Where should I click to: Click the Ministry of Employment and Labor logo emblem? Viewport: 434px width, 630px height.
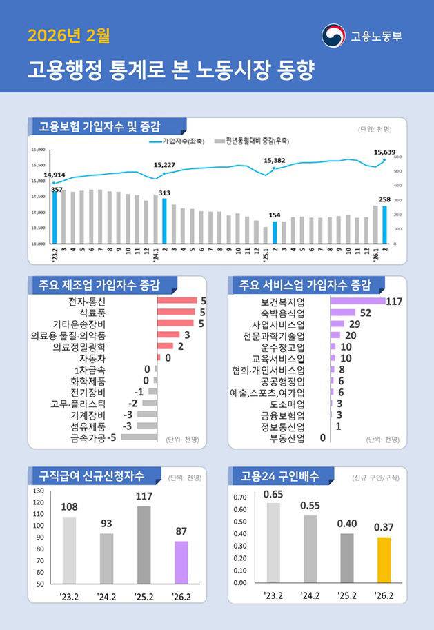(x=333, y=36)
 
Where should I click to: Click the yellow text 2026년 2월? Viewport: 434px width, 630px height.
(x=68, y=35)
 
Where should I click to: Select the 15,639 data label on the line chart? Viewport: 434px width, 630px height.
(x=384, y=152)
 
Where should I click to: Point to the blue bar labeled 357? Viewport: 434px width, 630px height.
(x=55, y=217)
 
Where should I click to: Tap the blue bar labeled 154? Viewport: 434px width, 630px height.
(x=275, y=233)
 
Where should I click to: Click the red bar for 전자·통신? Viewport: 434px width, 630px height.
(x=177, y=301)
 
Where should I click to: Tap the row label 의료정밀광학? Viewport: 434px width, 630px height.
(x=79, y=346)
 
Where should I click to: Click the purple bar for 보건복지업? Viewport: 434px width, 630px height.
(x=357, y=302)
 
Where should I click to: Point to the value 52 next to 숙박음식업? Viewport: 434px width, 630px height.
(x=366, y=313)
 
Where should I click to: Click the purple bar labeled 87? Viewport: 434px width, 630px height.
(x=181, y=562)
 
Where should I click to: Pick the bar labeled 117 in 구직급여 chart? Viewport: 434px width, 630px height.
(x=144, y=544)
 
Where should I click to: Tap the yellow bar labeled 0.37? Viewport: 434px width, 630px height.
(x=384, y=560)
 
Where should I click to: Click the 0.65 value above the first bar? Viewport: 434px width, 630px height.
(x=273, y=494)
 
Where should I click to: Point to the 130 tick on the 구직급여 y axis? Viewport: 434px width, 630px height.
(x=38, y=491)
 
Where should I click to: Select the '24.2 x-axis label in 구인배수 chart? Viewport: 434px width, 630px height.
(x=310, y=595)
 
